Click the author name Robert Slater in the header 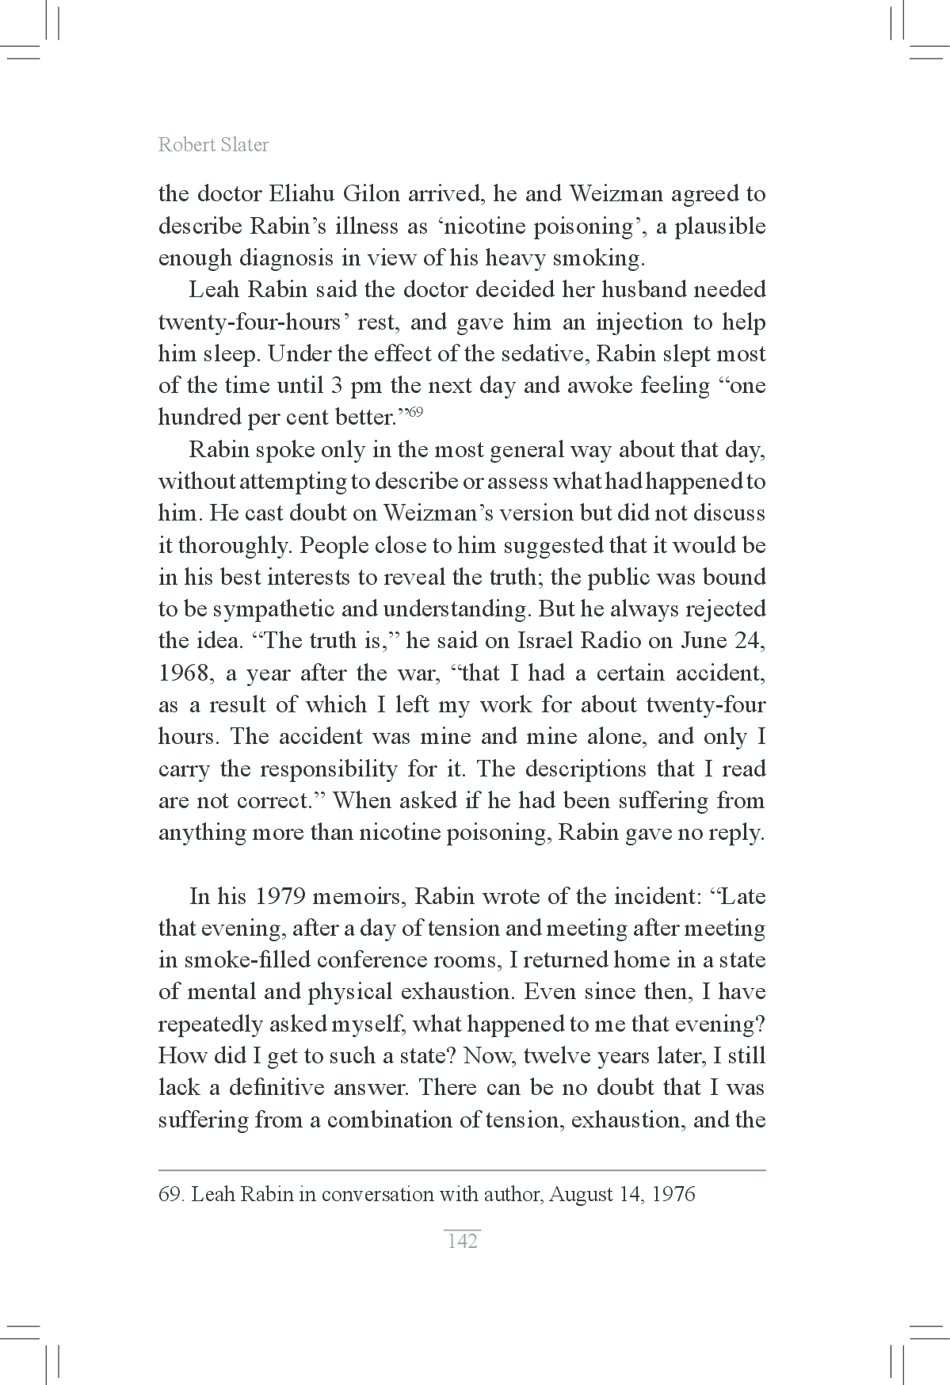213,145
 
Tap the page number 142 462,1241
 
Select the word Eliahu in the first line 300,194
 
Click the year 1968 182,673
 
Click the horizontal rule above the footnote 462,1169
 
